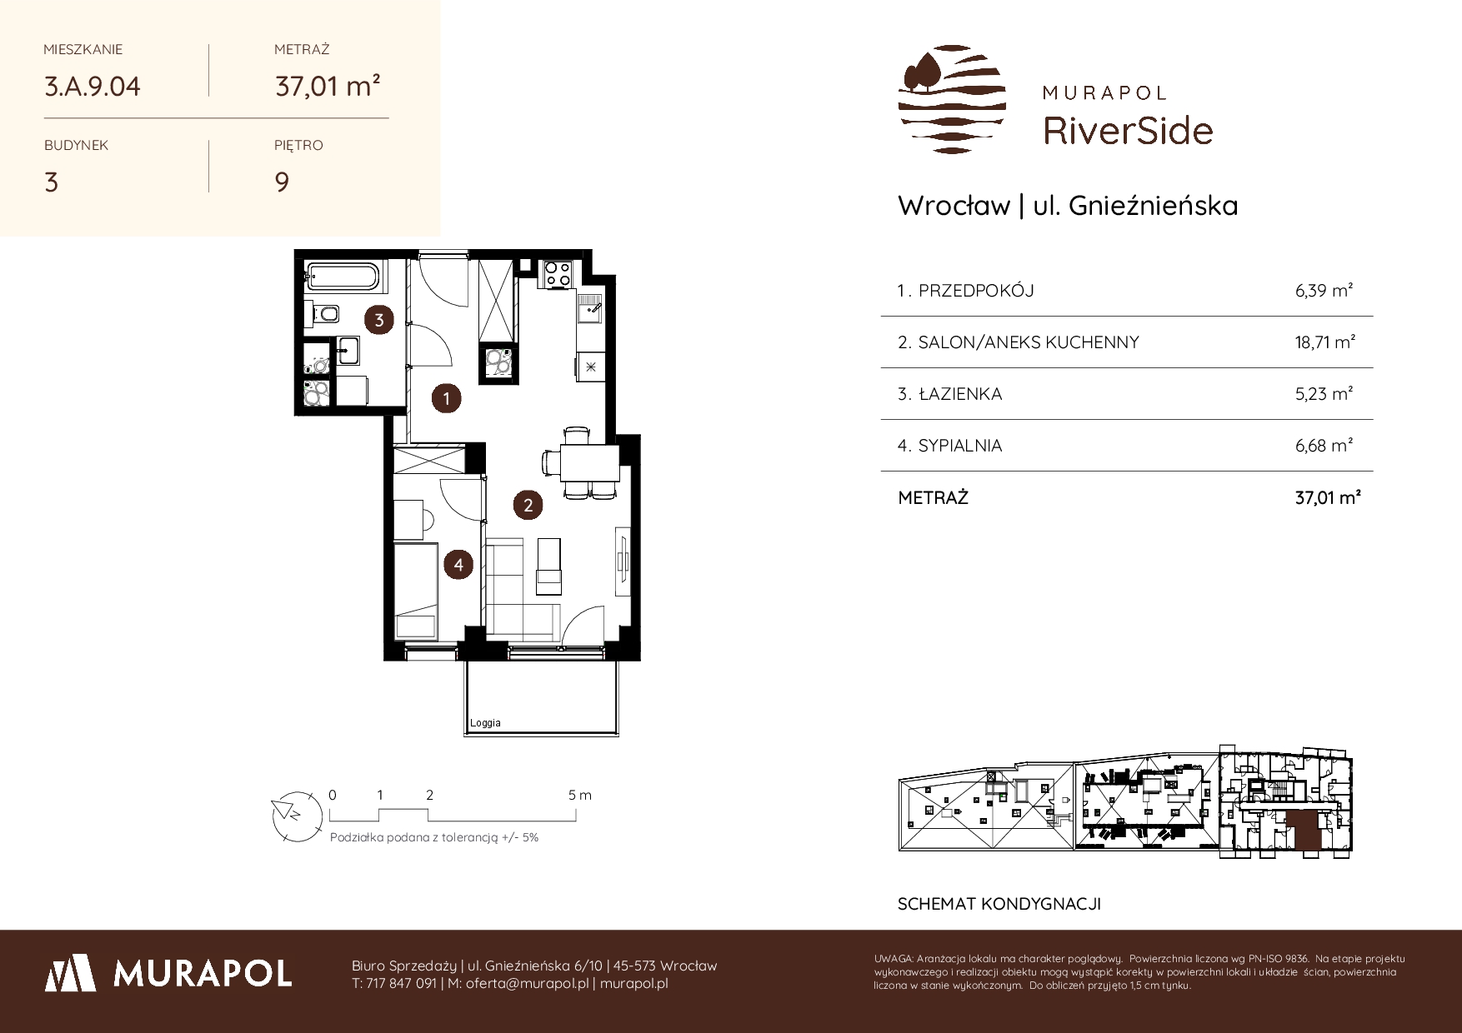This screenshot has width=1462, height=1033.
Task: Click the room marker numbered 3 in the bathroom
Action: tap(379, 320)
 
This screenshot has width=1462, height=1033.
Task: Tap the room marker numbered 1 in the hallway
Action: tap(447, 399)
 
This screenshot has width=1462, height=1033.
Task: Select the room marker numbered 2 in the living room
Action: tap(528, 504)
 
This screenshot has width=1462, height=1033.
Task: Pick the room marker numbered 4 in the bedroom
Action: tap(458, 566)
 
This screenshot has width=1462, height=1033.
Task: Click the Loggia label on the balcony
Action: tap(485, 723)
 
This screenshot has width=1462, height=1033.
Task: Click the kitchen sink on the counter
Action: tap(590, 310)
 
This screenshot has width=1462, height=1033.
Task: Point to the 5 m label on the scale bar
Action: tap(580, 795)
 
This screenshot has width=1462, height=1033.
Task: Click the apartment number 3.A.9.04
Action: tap(93, 87)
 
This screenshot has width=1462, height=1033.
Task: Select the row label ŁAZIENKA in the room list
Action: tap(959, 394)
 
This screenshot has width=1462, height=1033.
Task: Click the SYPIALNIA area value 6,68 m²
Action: tap(1324, 446)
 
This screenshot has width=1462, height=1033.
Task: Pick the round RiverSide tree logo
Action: tap(952, 99)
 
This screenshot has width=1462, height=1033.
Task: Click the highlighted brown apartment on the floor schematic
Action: tap(1303, 832)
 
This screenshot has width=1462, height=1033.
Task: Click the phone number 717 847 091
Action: tap(401, 983)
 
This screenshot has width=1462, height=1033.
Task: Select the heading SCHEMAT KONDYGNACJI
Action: tap(999, 904)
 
